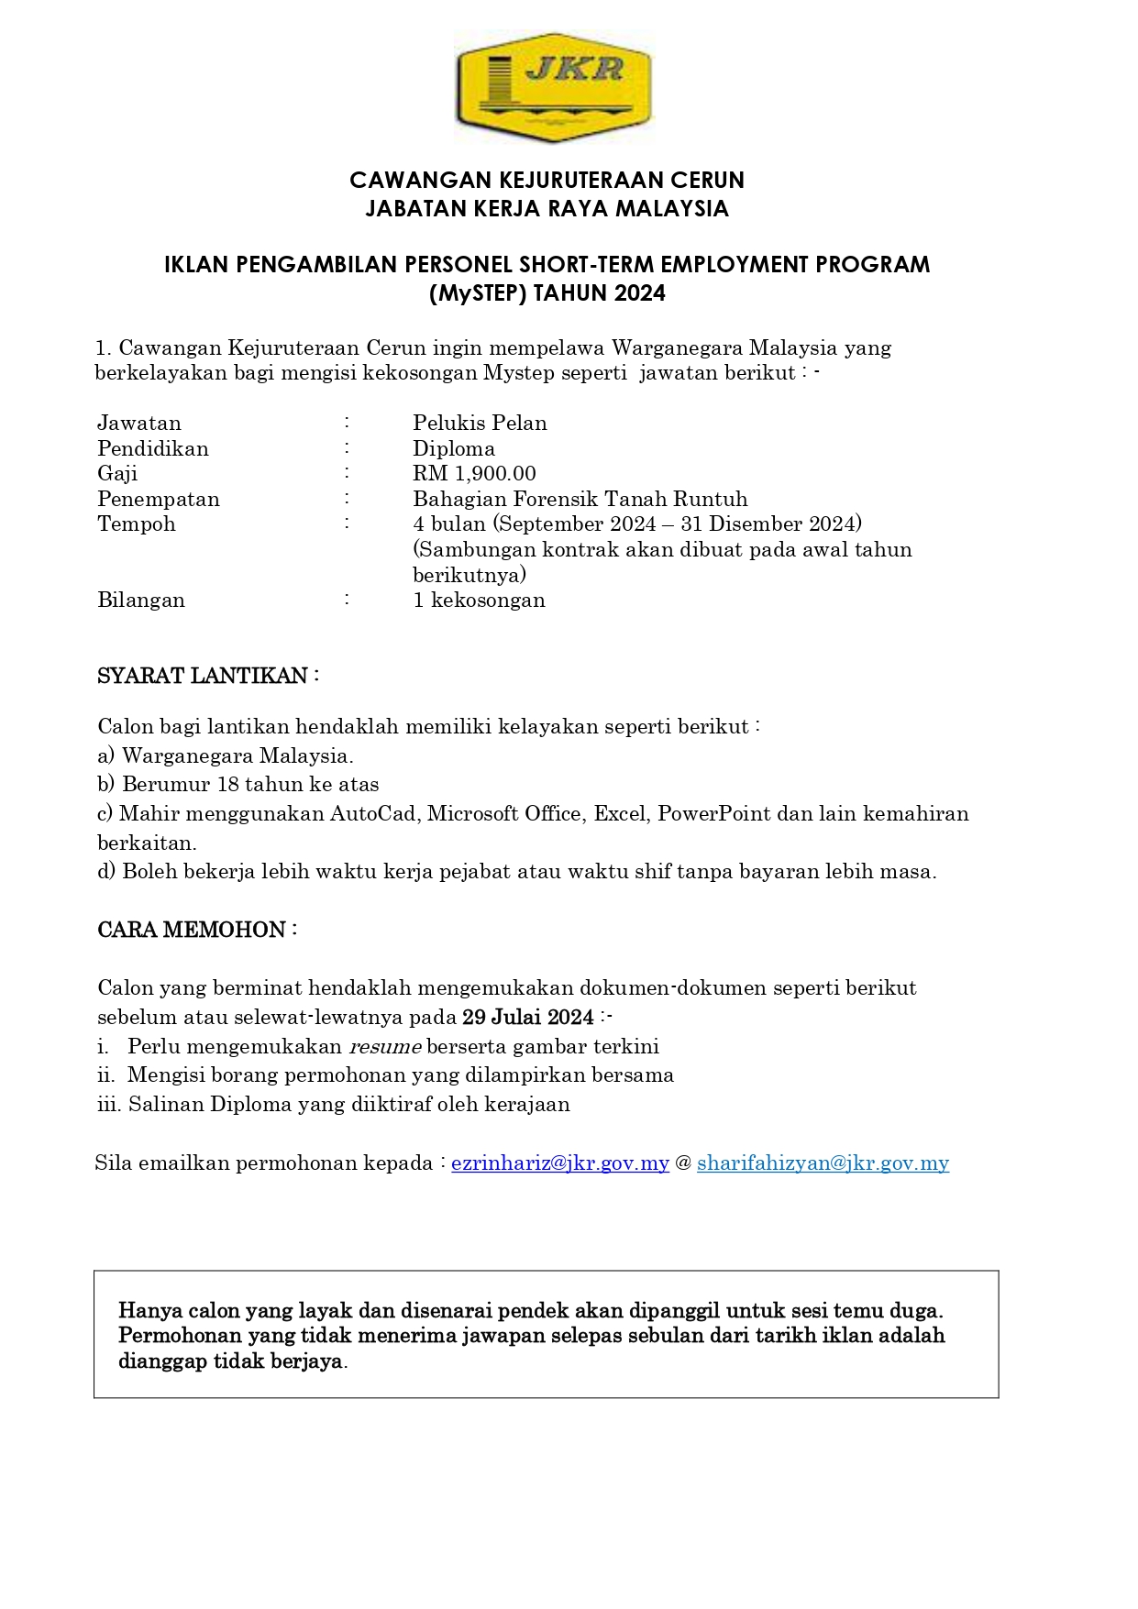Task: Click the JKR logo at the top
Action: click(x=553, y=88)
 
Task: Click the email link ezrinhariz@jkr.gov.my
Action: click(x=559, y=1163)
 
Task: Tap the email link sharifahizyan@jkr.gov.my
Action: click(x=823, y=1163)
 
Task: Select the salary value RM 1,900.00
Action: click(x=474, y=473)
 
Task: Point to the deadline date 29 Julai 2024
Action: click(x=528, y=1017)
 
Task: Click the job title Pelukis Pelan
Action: click(x=480, y=423)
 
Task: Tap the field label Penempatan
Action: click(x=159, y=499)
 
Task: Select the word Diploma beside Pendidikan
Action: click(x=454, y=448)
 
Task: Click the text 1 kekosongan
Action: click(x=479, y=600)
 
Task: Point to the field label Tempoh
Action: click(x=137, y=523)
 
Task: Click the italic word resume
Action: click(x=385, y=1046)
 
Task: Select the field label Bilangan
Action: click(x=141, y=600)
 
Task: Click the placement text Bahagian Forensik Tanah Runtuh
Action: click(x=580, y=499)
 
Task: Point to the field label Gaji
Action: click(x=117, y=473)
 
